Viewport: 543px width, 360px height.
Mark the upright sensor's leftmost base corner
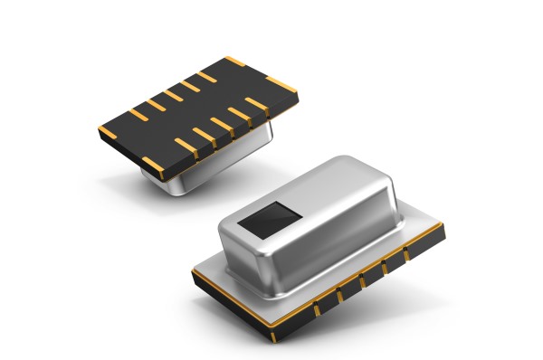tap(193, 270)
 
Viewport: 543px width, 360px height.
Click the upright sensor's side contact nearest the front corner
tap(319, 310)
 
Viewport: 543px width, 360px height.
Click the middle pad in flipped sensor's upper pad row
tap(172, 95)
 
